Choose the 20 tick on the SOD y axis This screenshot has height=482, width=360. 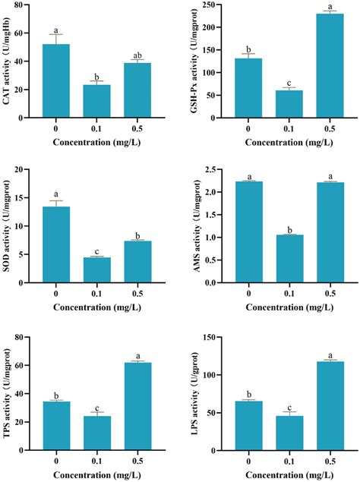click(28, 171)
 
